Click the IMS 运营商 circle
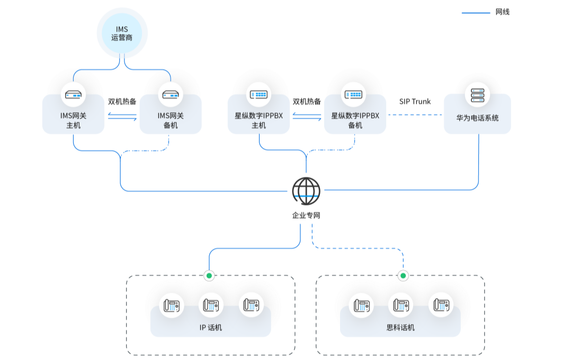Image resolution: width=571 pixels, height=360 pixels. point(122,33)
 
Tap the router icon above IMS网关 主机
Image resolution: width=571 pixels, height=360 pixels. point(73,95)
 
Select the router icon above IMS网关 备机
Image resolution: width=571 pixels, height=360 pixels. point(171,95)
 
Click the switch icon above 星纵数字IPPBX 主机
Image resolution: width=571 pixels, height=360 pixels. point(258,95)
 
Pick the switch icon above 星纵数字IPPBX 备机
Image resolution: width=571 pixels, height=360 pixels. point(353,95)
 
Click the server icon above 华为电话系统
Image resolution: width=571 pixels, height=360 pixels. point(477,95)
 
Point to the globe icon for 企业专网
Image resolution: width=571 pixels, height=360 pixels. point(306,191)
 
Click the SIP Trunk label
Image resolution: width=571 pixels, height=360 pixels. point(415,102)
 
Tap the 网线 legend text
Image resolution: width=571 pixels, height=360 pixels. point(503,12)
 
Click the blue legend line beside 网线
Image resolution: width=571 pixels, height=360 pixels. point(476,13)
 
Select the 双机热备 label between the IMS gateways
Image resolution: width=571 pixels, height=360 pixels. point(122,102)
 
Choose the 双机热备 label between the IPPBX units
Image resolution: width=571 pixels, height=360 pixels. point(307,102)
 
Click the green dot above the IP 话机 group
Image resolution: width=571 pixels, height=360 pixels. point(209,275)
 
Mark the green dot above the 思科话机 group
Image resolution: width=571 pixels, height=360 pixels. point(403,275)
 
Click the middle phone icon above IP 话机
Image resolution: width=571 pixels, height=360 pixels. point(211,305)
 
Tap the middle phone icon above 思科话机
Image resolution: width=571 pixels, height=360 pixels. point(400,305)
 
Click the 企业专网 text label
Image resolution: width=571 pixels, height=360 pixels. point(306,215)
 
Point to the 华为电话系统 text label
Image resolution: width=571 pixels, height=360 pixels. point(477,118)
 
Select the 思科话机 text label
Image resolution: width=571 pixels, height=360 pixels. point(400,328)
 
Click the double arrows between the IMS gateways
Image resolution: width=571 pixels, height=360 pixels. point(122,117)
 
